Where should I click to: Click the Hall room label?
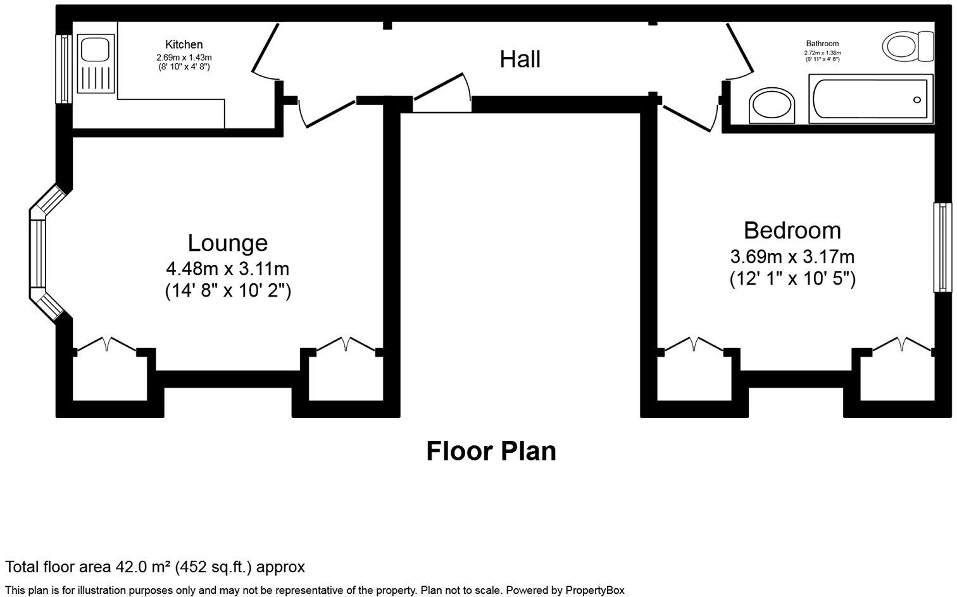click(520, 59)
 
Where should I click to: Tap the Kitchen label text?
click(184, 44)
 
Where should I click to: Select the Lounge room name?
click(227, 243)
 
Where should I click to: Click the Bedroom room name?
click(792, 230)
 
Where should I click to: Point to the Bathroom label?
click(822, 44)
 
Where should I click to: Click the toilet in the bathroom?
click(907, 46)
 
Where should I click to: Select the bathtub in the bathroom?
click(868, 99)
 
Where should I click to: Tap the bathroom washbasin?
click(772, 105)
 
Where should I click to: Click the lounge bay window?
click(39, 253)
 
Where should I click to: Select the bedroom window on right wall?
click(942, 247)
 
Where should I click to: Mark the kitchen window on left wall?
click(63, 68)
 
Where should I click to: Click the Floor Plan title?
click(491, 451)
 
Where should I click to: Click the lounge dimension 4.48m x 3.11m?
click(227, 269)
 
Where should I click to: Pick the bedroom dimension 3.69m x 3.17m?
click(792, 257)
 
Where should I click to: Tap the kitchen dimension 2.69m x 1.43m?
click(184, 58)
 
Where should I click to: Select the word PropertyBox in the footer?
click(594, 590)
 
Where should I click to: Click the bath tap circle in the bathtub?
click(916, 100)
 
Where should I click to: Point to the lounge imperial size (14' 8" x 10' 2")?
click(227, 291)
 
